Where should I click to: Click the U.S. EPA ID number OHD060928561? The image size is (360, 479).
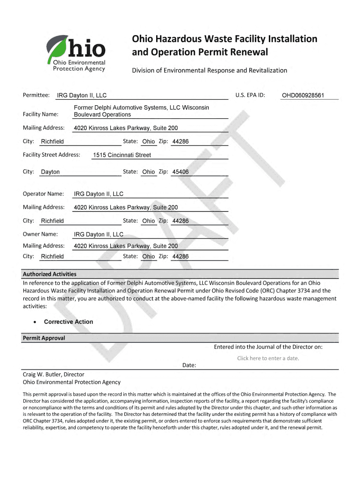point(302,96)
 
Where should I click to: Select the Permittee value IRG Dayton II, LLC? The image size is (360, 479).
point(82,96)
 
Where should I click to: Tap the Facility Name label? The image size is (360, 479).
point(41,114)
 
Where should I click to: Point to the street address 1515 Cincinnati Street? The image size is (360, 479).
point(122,155)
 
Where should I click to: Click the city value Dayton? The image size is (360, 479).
point(50,172)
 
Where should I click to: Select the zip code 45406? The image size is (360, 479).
point(180,172)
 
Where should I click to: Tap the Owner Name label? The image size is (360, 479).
point(40,234)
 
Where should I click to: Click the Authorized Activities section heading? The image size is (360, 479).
point(50,274)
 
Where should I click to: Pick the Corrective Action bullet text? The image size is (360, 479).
point(68,322)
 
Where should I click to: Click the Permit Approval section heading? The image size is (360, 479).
point(44,338)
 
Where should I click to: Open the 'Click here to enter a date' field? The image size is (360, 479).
point(268,358)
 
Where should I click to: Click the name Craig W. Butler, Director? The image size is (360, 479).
point(54,374)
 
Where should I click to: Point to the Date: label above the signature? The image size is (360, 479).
point(189,365)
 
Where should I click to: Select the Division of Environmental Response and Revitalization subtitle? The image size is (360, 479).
point(209,70)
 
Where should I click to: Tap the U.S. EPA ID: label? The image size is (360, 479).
point(250,95)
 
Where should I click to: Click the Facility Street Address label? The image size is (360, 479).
point(51,155)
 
